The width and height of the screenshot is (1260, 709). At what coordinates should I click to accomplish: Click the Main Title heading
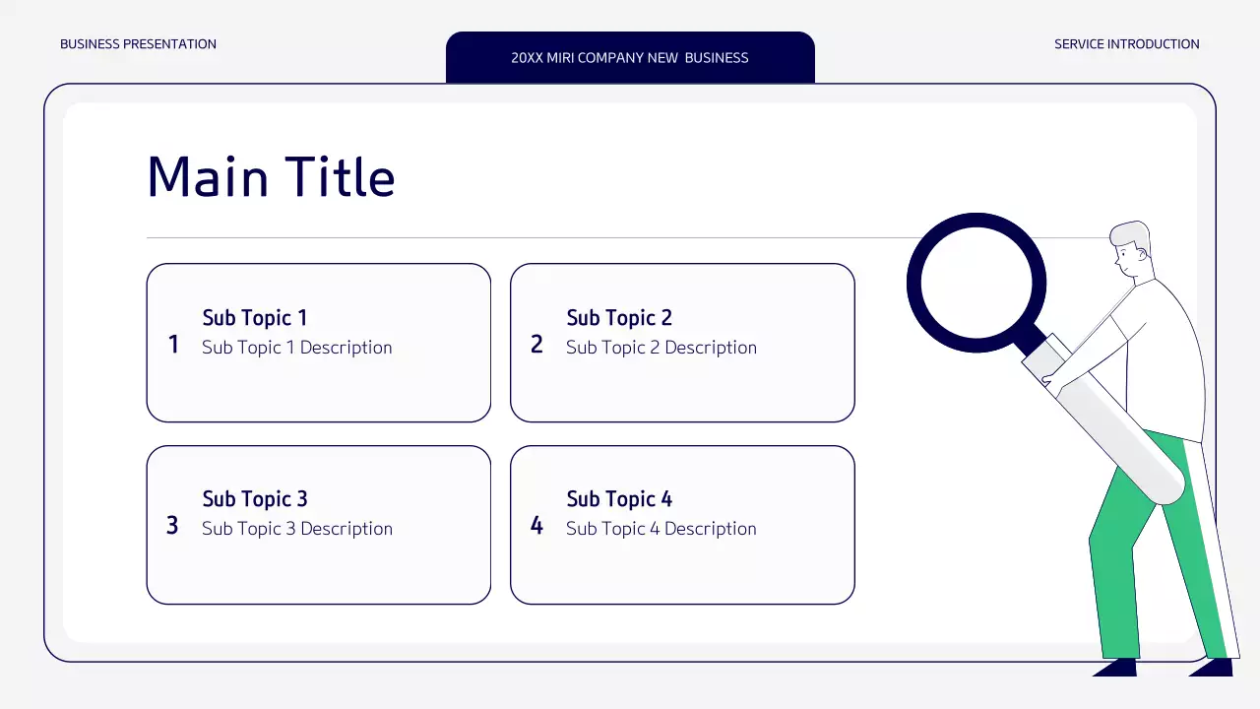(x=271, y=177)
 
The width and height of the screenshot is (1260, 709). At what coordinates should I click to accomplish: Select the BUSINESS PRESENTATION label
(x=138, y=44)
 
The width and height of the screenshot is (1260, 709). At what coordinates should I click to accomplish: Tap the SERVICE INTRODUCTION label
(x=1126, y=44)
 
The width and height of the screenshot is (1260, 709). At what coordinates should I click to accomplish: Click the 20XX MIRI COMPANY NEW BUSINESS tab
(x=630, y=57)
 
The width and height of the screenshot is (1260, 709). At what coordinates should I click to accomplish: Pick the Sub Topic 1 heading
(x=255, y=318)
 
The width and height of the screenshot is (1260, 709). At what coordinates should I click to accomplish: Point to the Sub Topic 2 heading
(x=619, y=318)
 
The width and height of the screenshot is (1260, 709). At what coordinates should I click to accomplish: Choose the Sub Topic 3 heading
(x=255, y=499)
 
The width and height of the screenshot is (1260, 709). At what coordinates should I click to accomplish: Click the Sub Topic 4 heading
(x=619, y=499)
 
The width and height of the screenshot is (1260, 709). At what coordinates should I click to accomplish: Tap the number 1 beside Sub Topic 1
(x=173, y=344)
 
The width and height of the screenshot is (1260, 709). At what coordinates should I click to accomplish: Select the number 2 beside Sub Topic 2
(x=536, y=344)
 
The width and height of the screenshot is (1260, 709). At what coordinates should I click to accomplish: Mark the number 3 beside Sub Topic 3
(x=172, y=526)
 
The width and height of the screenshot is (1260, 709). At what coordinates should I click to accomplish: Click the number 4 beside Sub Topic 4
(x=536, y=526)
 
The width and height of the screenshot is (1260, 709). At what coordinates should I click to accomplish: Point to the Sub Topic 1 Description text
(x=297, y=348)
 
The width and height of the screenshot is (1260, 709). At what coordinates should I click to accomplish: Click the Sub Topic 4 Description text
(x=661, y=529)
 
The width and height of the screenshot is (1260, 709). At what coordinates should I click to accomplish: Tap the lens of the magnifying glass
(x=976, y=283)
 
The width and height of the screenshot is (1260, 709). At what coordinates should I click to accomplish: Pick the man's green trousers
(x=1132, y=551)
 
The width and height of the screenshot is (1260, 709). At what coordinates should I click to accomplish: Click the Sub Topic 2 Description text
(x=661, y=348)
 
